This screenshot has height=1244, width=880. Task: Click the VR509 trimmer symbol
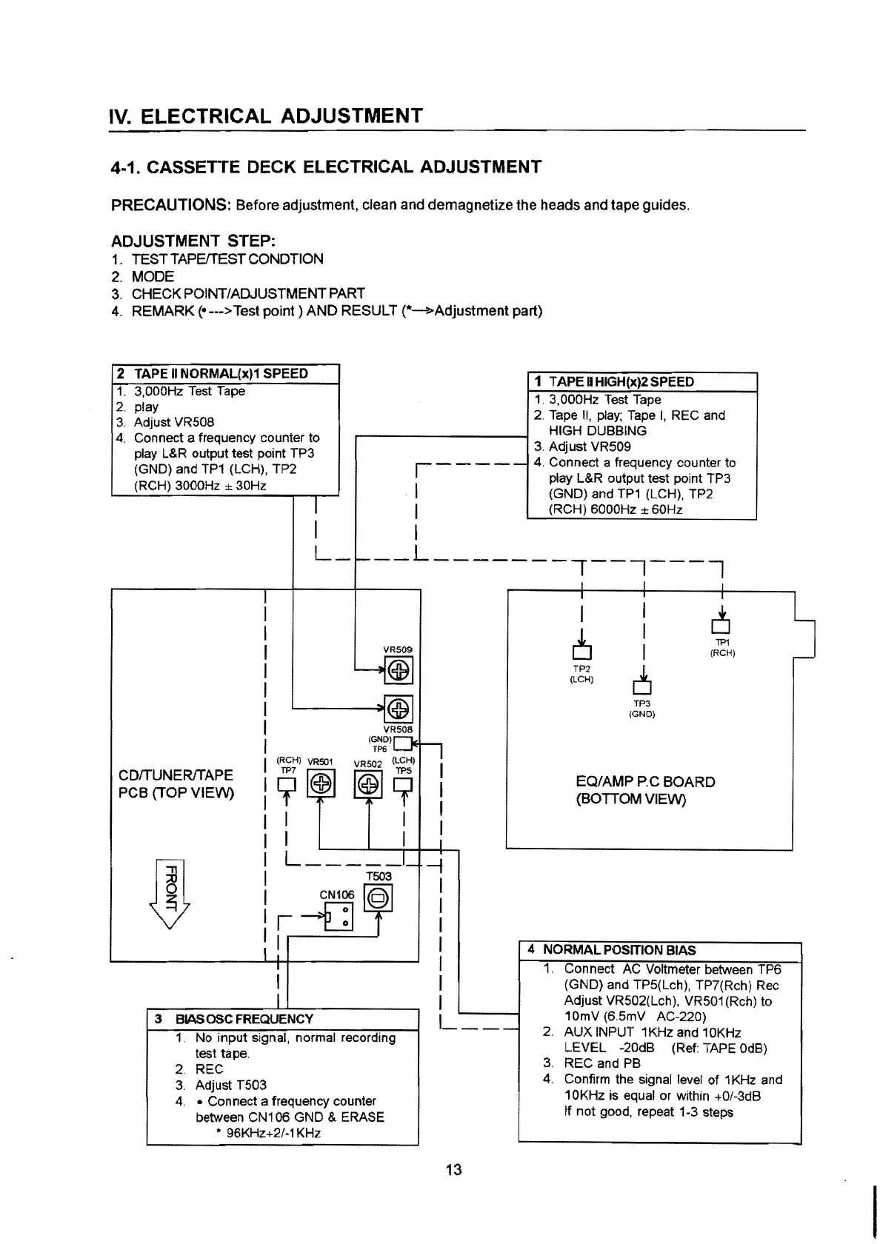coord(399,672)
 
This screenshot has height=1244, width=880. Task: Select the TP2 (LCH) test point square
coord(581,652)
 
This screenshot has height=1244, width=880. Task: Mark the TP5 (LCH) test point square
coord(403,784)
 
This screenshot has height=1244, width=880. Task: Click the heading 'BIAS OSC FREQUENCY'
coord(244,1019)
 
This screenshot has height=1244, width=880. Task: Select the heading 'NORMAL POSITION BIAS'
coord(619,950)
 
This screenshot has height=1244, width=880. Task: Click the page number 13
coord(453,1170)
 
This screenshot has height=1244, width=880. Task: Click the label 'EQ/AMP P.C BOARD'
coord(645,782)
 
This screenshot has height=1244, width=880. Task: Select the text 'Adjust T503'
coord(230,1085)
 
